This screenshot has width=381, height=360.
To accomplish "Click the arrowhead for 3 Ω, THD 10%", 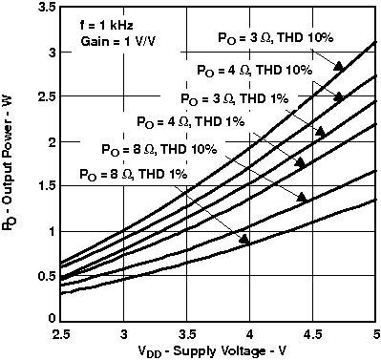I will (338, 64).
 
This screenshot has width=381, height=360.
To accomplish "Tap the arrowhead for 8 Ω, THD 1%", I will (245, 240).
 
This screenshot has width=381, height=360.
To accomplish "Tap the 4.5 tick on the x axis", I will (311, 334).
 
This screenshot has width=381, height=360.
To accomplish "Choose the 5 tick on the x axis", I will (373, 334).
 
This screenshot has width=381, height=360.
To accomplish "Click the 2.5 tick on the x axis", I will (61, 334).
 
